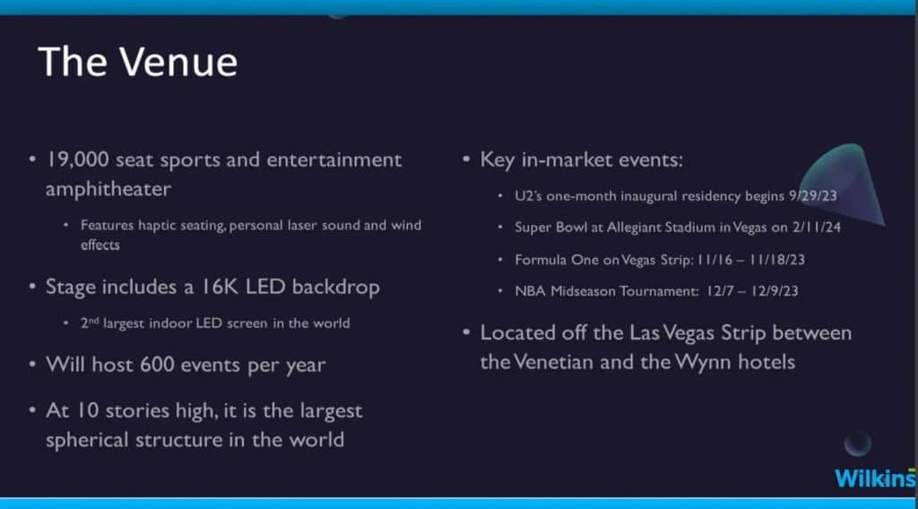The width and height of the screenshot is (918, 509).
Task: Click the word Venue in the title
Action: [x=178, y=62]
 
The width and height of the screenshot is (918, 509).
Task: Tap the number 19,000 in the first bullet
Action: [x=77, y=160]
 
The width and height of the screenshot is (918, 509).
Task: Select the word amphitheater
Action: [x=108, y=190]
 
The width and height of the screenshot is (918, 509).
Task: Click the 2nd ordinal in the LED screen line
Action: [x=90, y=323]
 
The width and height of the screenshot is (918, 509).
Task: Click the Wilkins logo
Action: [x=875, y=478]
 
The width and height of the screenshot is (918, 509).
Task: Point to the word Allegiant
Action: [x=632, y=228]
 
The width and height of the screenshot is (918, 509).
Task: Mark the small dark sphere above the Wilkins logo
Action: [x=858, y=443]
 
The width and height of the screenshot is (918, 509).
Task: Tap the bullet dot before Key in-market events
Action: [x=466, y=159]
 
